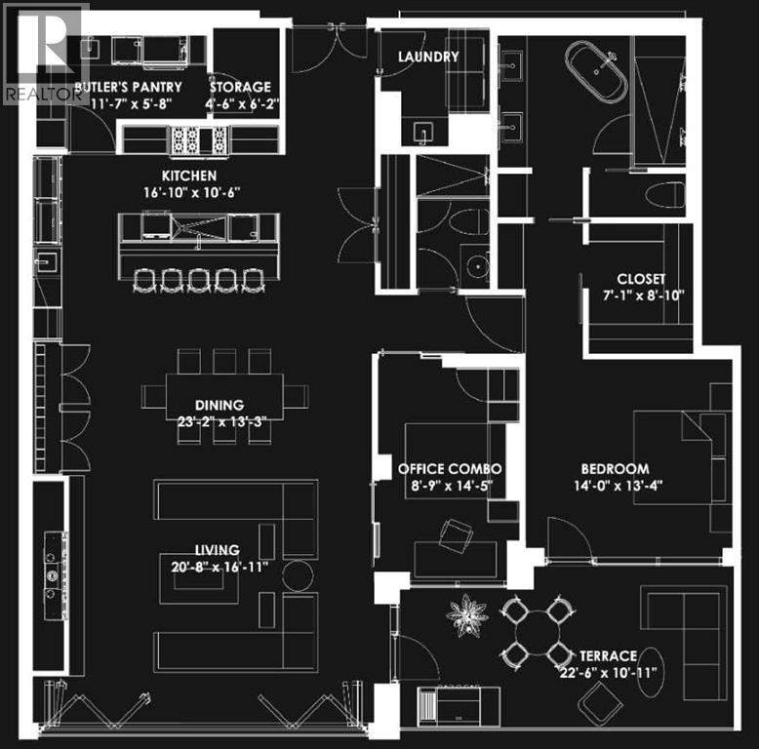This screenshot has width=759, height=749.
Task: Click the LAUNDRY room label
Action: pyautogui.click(x=428, y=57)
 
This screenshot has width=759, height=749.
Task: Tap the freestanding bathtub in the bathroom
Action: pyautogui.click(x=596, y=71)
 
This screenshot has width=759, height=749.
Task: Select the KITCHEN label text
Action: pyautogui.click(x=189, y=176)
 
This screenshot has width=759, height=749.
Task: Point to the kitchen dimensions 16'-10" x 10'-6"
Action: pyautogui.click(x=192, y=192)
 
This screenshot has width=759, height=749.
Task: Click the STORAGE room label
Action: pyautogui.click(x=240, y=87)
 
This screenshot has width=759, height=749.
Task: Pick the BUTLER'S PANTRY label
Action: pyautogui.click(x=128, y=87)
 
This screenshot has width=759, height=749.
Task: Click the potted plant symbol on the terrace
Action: pyautogui.click(x=466, y=615)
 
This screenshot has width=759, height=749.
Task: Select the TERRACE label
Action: pyautogui.click(x=608, y=656)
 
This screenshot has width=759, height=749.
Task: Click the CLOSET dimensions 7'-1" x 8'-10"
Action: pyautogui.click(x=644, y=296)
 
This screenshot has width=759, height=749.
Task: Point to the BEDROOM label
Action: pyautogui.click(x=616, y=469)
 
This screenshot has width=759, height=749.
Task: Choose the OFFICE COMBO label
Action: pyautogui.click(x=450, y=469)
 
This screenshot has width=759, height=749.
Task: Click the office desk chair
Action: pyautogui.click(x=456, y=535)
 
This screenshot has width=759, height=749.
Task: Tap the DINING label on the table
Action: pyautogui.click(x=220, y=405)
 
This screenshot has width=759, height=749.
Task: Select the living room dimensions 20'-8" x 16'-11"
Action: pyautogui.click(x=220, y=567)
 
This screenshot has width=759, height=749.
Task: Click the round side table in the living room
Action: pyautogui.click(x=298, y=575)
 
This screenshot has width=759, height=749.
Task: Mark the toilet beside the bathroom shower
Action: pyautogui.click(x=665, y=195)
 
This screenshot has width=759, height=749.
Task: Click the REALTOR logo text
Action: pyautogui.click(x=43, y=94)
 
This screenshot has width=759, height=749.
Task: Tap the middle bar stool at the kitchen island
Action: pyautogui.click(x=199, y=281)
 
